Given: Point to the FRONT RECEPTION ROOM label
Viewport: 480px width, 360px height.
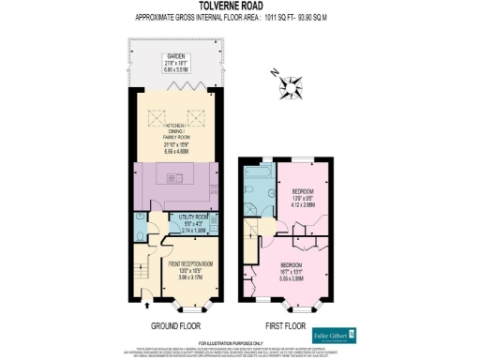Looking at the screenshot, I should pos(190,263).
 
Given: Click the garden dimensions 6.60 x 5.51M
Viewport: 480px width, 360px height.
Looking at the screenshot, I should pos(176,68).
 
